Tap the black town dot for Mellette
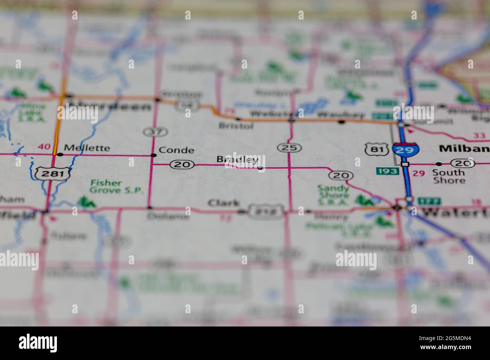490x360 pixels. pyautogui.click(x=60, y=154)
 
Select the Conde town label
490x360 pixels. pyautogui.click(x=176, y=150)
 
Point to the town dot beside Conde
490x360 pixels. pyautogui.click(x=153, y=155)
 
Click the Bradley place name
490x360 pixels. pyautogui.click(x=237, y=160)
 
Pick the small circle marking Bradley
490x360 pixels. pyautogui.click(x=260, y=168)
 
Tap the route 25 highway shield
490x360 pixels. pyautogui.click(x=289, y=148)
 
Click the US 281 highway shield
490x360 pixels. pyautogui.click(x=52, y=173)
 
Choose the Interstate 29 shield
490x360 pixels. pyautogui.click(x=406, y=149)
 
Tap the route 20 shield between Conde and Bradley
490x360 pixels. pyautogui.click(x=182, y=164)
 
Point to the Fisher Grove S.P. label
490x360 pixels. pyautogui.click(x=116, y=187)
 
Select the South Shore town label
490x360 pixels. pyautogui.click(x=449, y=176)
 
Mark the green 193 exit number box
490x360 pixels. pyautogui.click(x=387, y=171)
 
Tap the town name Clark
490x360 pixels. pyautogui.click(x=224, y=203)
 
